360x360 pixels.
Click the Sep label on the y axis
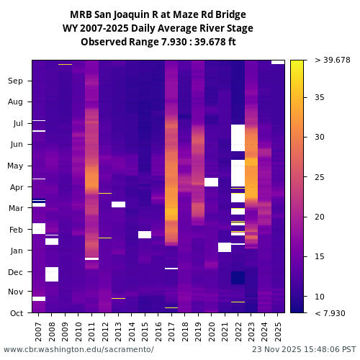click(x=15, y=81)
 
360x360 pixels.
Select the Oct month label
click(x=16, y=313)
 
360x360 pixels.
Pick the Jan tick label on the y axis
click(x=16, y=251)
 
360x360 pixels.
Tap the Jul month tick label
click(x=17, y=123)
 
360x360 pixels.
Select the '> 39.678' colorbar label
click(x=332, y=60)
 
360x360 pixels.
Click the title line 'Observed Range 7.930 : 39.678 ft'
click(x=158, y=42)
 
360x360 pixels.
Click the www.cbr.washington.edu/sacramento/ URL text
click(x=78, y=349)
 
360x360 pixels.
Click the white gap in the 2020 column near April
click(x=211, y=182)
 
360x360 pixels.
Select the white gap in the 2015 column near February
click(x=145, y=235)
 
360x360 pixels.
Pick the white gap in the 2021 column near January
click(x=225, y=247)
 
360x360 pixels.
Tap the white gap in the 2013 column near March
click(x=118, y=204)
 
